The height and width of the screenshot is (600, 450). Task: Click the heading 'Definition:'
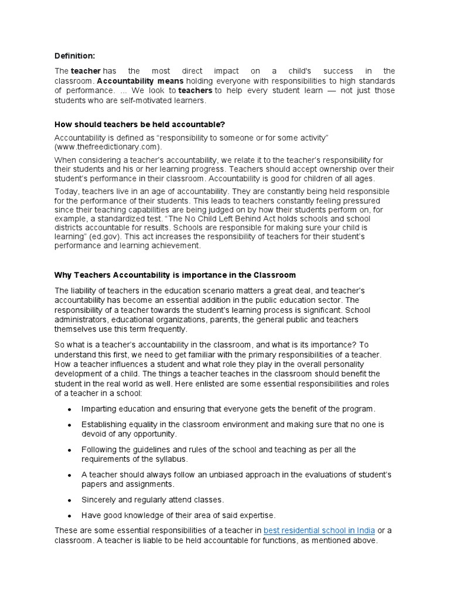tap(74, 56)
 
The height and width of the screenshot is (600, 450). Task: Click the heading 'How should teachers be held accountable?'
tap(139, 124)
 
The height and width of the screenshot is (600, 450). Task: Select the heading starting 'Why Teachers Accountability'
tap(175, 275)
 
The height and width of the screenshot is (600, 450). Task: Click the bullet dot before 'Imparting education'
tap(70, 409)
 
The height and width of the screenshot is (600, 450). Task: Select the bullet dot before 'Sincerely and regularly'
tap(70, 500)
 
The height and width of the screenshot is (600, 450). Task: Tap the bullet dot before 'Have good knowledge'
tap(70, 516)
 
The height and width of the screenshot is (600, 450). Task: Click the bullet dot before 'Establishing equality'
tap(70, 424)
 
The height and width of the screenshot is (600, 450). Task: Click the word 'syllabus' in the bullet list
tap(171, 459)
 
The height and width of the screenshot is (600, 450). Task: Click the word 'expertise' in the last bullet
tap(255, 515)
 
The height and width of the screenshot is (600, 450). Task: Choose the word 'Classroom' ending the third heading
tap(275, 275)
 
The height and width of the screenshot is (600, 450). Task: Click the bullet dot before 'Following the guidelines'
tap(70, 449)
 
